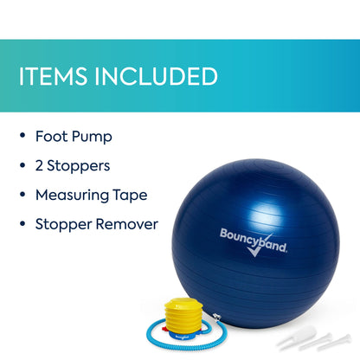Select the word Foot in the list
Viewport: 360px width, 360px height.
(51, 136)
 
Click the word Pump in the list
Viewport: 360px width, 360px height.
(92, 136)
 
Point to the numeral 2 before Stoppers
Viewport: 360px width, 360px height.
(40, 165)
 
